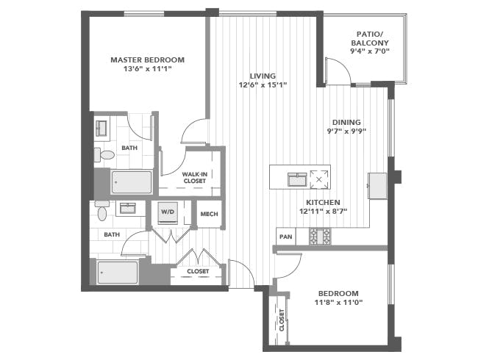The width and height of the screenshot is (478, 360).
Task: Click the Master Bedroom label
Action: (147, 60)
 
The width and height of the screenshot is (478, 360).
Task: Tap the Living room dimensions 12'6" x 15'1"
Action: (263, 85)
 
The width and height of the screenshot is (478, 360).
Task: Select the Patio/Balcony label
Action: (369, 38)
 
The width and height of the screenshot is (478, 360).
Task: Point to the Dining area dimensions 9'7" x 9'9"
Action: (346, 132)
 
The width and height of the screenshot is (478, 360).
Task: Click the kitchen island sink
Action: (297, 179)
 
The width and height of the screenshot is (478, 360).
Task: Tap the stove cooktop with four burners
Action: (320, 237)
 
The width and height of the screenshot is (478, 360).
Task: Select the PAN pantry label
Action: (285, 237)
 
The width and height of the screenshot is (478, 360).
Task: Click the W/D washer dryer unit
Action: (168, 212)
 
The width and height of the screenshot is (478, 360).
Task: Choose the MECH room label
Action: (209, 214)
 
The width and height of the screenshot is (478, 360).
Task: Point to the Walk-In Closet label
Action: (194, 178)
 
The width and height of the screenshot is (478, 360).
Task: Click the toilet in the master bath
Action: (104, 155)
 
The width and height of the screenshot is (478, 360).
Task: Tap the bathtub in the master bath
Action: (132, 182)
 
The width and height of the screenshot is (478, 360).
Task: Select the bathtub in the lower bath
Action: (118, 273)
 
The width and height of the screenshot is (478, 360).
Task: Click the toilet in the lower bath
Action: (101, 210)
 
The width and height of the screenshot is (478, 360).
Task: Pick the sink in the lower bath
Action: (128, 209)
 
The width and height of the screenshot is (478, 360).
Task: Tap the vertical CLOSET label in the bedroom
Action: (282, 320)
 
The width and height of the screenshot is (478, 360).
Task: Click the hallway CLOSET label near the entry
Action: (198, 271)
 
